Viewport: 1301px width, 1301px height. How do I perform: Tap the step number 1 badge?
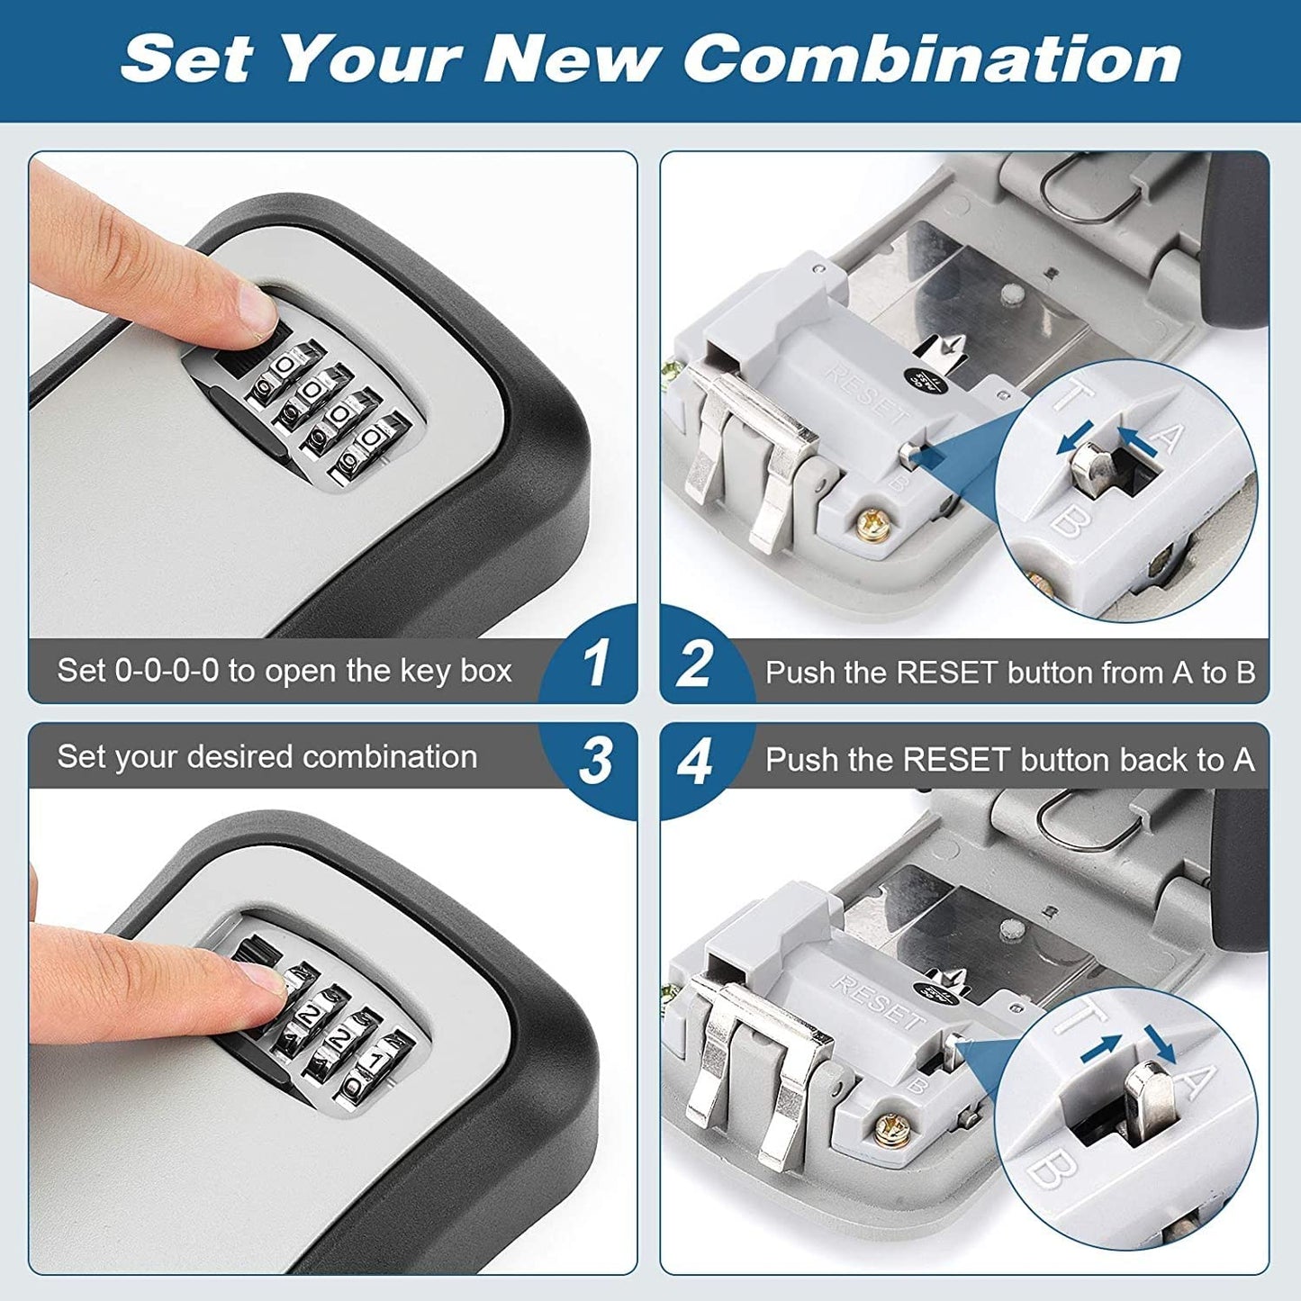click(x=595, y=664)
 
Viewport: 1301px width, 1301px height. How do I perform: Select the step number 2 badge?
click(x=694, y=664)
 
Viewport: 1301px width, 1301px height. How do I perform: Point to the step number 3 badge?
click(x=595, y=761)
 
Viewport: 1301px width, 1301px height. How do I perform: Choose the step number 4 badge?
click(x=694, y=761)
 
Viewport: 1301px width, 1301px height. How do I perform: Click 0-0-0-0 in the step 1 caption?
click(x=167, y=671)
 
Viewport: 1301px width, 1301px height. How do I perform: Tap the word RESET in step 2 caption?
click(x=948, y=673)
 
